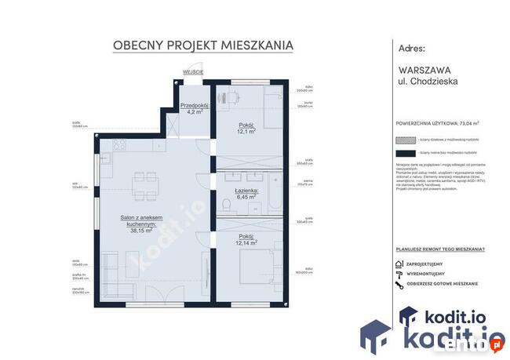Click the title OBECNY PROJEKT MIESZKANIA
tap(203, 45)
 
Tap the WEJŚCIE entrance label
tap(193, 71)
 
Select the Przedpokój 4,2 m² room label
tap(192, 108)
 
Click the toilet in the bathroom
tap(227, 206)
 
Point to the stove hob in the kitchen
tap(120, 146)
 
